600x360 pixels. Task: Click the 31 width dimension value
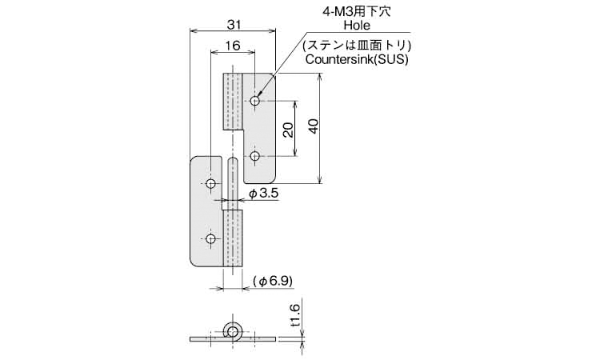(x=234, y=25)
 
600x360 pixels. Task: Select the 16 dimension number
(x=233, y=46)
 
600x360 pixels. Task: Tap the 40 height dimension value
(x=314, y=126)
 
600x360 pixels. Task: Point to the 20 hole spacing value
(x=289, y=130)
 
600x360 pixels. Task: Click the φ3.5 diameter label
(x=264, y=194)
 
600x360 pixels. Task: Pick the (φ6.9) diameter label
(x=273, y=282)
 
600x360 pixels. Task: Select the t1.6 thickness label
(x=296, y=316)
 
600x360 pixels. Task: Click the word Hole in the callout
(x=357, y=26)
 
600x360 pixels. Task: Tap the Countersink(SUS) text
(x=357, y=59)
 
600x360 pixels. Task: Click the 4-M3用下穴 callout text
(x=357, y=11)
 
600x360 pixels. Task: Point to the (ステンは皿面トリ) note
(x=357, y=46)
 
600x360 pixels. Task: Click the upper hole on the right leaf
(x=255, y=101)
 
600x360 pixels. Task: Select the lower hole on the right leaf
(x=255, y=156)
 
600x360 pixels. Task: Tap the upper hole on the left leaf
(x=210, y=184)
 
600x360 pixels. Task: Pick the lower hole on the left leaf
(x=210, y=239)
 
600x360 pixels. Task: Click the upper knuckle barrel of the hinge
(x=233, y=102)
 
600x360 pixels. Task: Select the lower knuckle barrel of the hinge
(x=233, y=238)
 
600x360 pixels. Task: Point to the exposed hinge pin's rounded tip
(x=233, y=158)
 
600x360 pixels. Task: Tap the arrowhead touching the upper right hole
(x=260, y=94)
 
